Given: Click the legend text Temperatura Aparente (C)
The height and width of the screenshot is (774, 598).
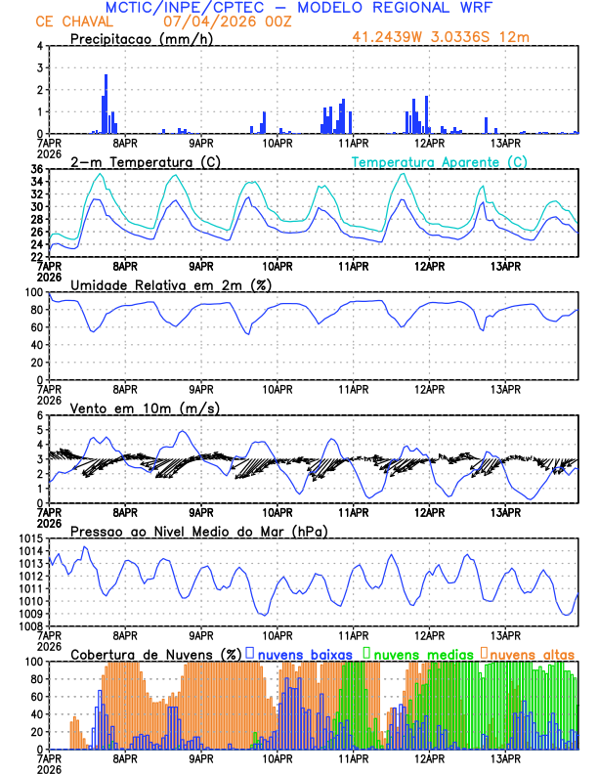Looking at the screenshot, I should point(440,161).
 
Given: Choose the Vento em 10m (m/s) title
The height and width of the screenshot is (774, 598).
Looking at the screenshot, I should point(145,408).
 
